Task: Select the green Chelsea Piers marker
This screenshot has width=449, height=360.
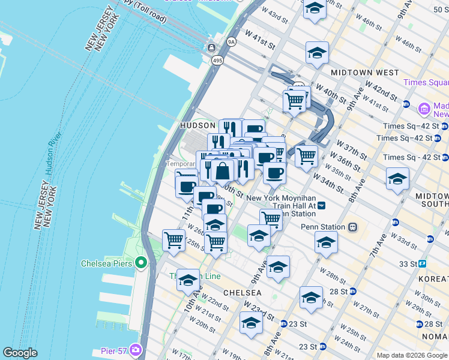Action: click(x=141, y=263)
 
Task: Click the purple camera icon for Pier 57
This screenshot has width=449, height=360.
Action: click(x=136, y=349)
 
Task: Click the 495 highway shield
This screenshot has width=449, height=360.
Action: click(x=217, y=61)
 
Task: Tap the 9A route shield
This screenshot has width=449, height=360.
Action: click(x=231, y=42)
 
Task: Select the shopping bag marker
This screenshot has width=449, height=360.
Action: click(x=223, y=171)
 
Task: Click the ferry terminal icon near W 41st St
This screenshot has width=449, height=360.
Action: click(x=211, y=47)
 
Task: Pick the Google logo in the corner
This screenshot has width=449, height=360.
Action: click(x=20, y=353)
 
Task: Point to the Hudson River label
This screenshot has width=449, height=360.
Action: click(x=51, y=171)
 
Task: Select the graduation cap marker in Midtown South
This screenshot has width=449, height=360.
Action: click(x=397, y=179)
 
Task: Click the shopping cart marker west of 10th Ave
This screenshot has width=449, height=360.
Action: click(x=174, y=241)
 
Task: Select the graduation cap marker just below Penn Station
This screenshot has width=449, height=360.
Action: click(x=326, y=243)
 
